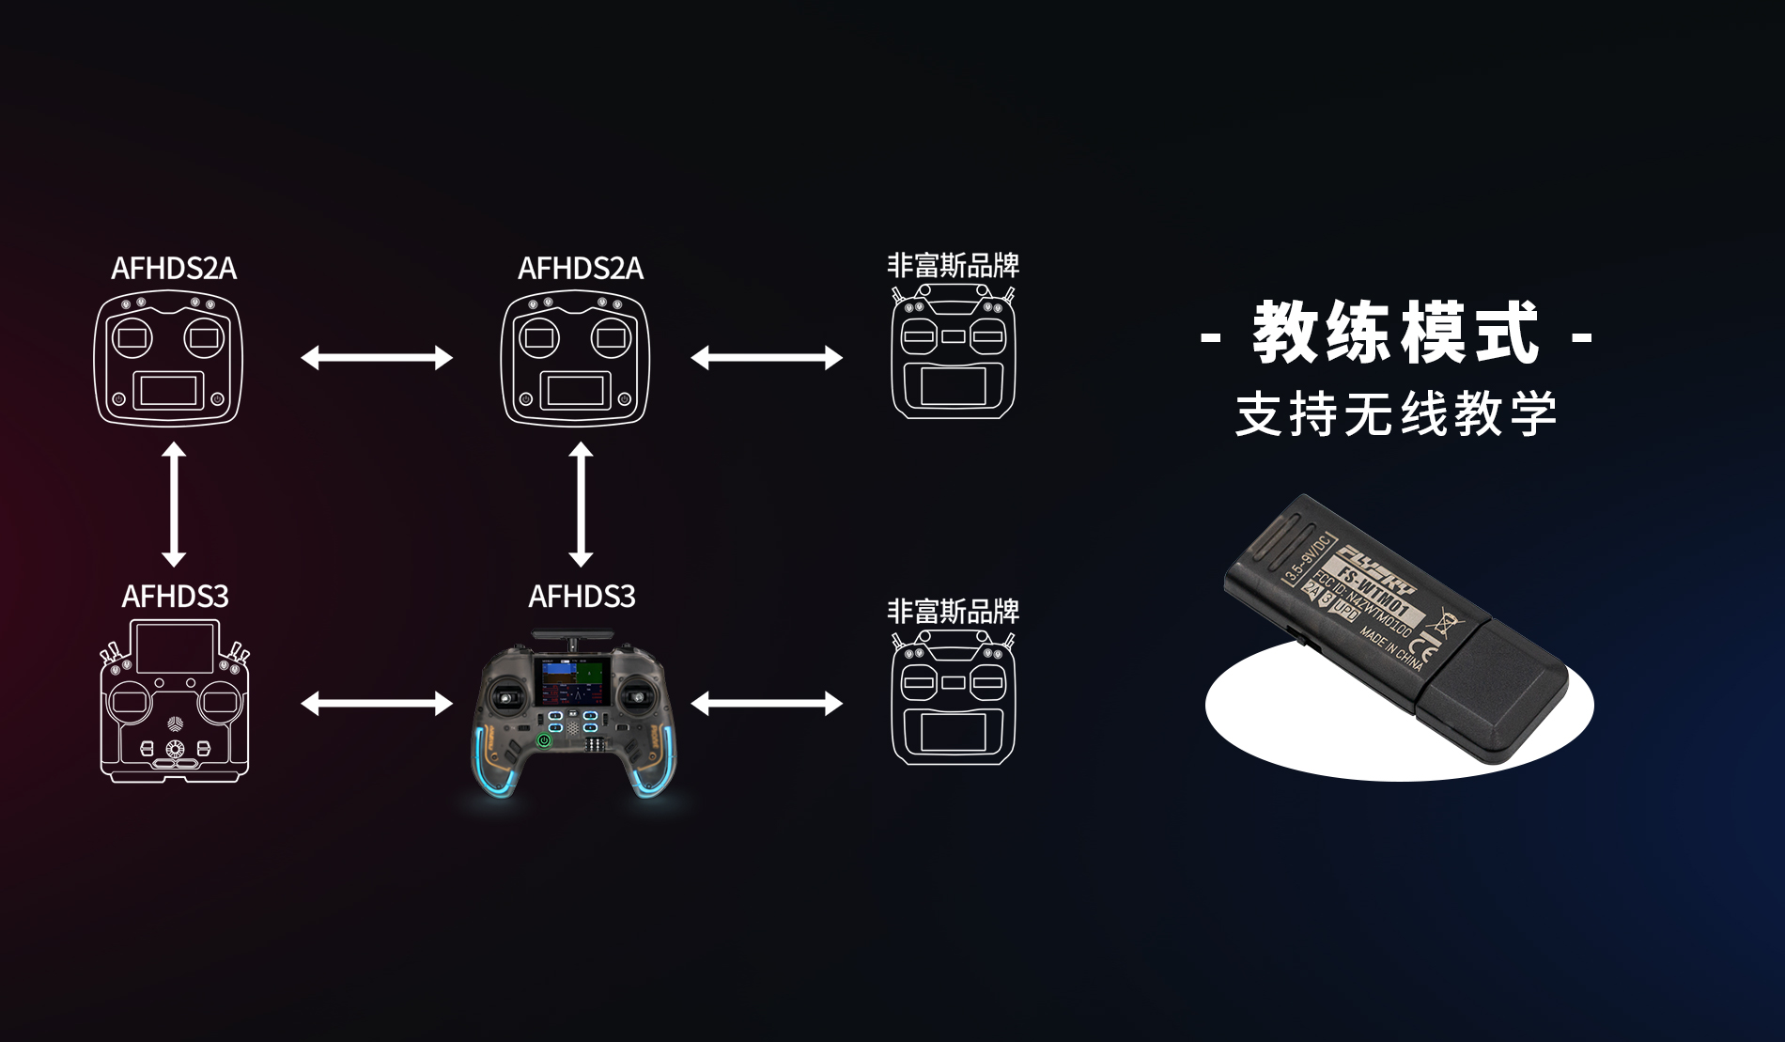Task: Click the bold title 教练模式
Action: (x=1396, y=334)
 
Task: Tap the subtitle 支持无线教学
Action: (x=1396, y=414)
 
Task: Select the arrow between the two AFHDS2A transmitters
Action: (x=377, y=357)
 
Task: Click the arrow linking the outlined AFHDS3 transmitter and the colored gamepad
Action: (x=377, y=703)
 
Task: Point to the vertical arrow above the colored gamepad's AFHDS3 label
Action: (x=581, y=505)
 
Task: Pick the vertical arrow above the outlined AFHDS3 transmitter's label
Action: (x=174, y=505)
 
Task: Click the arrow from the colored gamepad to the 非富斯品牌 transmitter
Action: (x=767, y=703)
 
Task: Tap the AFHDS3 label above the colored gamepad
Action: (x=582, y=596)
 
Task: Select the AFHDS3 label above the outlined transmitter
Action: (x=175, y=596)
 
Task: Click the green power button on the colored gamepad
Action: (x=543, y=741)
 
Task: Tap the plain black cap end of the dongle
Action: (x=1494, y=691)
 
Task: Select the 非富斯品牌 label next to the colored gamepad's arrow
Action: (x=953, y=612)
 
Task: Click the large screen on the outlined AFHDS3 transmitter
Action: (x=175, y=647)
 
